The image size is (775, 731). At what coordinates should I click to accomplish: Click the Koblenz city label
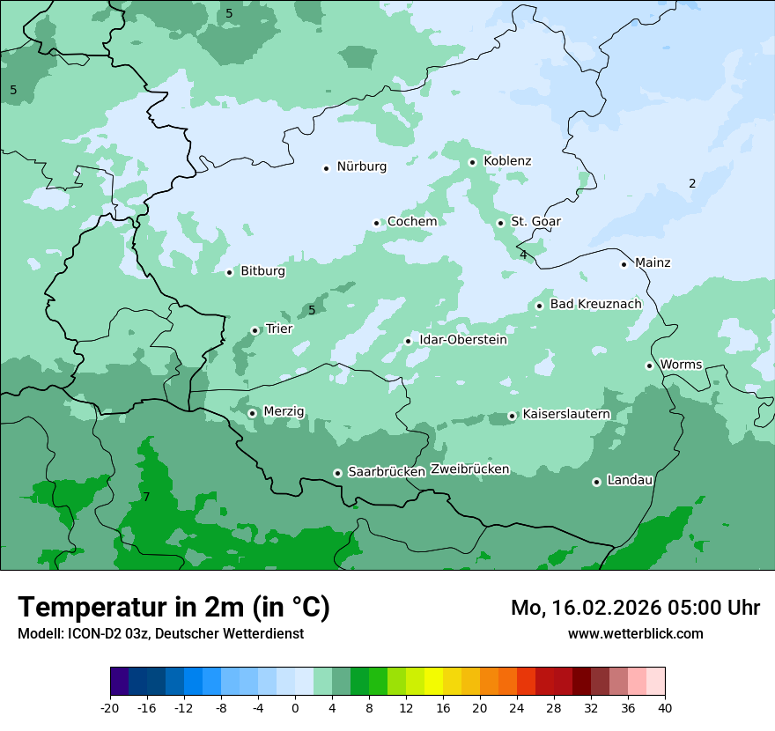pyautogui.click(x=507, y=161)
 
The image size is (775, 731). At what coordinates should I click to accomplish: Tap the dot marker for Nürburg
pyautogui.click(x=327, y=168)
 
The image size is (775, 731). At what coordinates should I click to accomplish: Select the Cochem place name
pyautogui.click(x=412, y=221)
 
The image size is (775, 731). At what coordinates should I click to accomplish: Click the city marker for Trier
pyautogui.click(x=255, y=330)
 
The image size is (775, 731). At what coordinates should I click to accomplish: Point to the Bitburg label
pyautogui.click(x=262, y=271)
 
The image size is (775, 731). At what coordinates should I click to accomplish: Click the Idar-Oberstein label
pyautogui.click(x=463, y=340)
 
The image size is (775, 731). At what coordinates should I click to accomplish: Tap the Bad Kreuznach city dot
pyautogui.click(x=539, y=306)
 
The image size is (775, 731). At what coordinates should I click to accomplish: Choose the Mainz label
pyautogui.click(x=653, y=262)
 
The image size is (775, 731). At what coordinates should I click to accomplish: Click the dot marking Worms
pyautogui.click(x=649, y=365)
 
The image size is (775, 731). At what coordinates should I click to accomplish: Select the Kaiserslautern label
pyautogui.click(x=566, y=414)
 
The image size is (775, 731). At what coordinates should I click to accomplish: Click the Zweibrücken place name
pyautogui.click(x=469, y=469)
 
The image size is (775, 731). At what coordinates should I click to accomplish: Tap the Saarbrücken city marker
pyautogui.click(x=337, y=473)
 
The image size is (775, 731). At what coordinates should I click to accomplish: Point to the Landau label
pyautogui.click(x=630, y=480)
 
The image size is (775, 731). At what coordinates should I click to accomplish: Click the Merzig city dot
pyautogui.click(x=252, y=413)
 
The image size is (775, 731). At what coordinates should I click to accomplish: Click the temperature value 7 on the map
pyautogui.click(x=146, y=497)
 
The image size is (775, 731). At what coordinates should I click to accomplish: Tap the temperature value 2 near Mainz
pyautogui.click(x=692, y=183)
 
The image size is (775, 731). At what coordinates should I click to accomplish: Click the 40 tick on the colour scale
pyautogui.click(x=665, y=708)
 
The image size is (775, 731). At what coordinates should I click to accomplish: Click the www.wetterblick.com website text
pyautogui.click(x=635, y=633)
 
